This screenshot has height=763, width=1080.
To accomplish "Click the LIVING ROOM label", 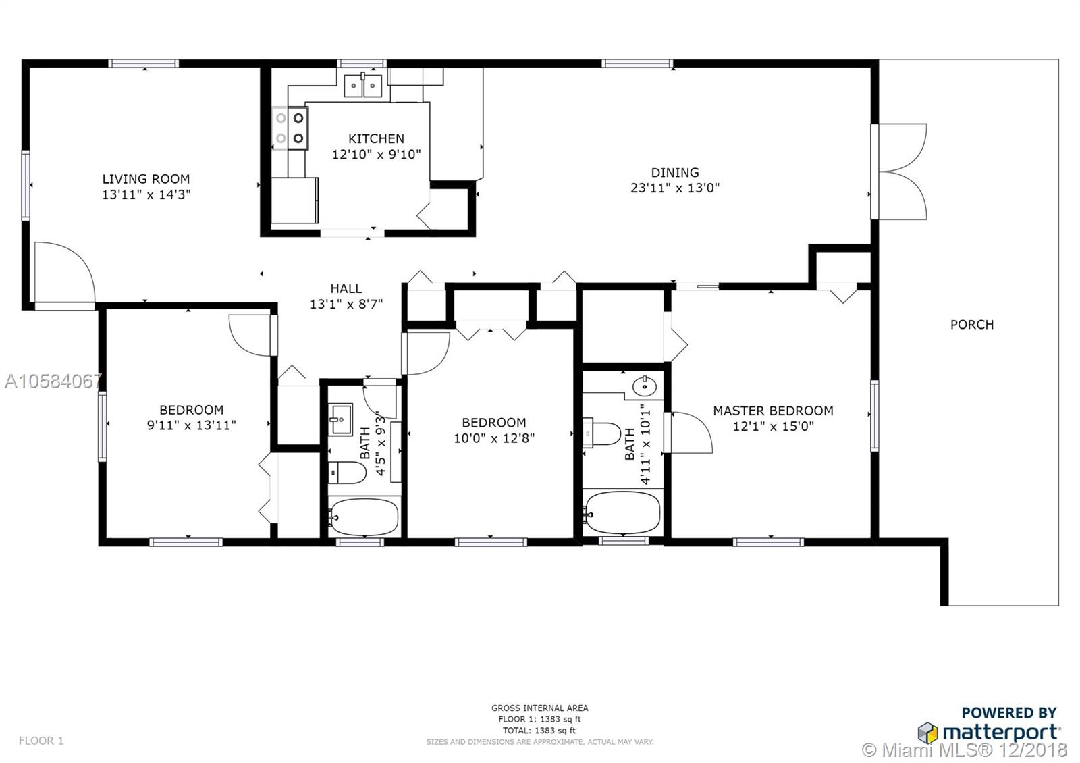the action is [146, 179].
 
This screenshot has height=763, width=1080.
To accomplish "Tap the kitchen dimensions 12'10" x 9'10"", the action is [376, 155].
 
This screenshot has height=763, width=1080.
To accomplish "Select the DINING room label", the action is [675, 173].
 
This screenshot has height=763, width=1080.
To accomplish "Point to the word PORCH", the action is [972, 325].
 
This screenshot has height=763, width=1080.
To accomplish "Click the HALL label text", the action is [346, 289].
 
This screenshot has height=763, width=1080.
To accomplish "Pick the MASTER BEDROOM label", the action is [774, 411].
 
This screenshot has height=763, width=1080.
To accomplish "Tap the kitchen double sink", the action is [362, 85].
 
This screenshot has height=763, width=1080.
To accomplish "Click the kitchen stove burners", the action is [290, 128].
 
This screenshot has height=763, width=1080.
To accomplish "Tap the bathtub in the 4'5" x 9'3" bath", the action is [364, 517].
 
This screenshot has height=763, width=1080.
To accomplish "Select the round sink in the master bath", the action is [645, 386].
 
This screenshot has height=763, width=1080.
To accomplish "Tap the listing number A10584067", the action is [53, 381].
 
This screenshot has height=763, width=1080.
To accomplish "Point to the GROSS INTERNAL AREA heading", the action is [539, 708].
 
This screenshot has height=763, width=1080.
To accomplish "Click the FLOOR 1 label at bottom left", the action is [41, 740].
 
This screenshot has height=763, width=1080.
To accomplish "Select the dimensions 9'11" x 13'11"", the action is [192, 425].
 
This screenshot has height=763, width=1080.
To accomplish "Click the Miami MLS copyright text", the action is [965, 750].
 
